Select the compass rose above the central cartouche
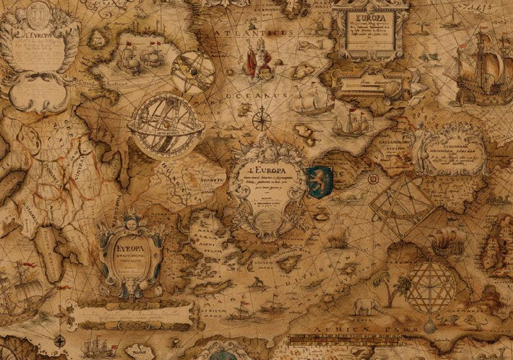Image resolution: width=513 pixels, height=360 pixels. pos(261,119)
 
